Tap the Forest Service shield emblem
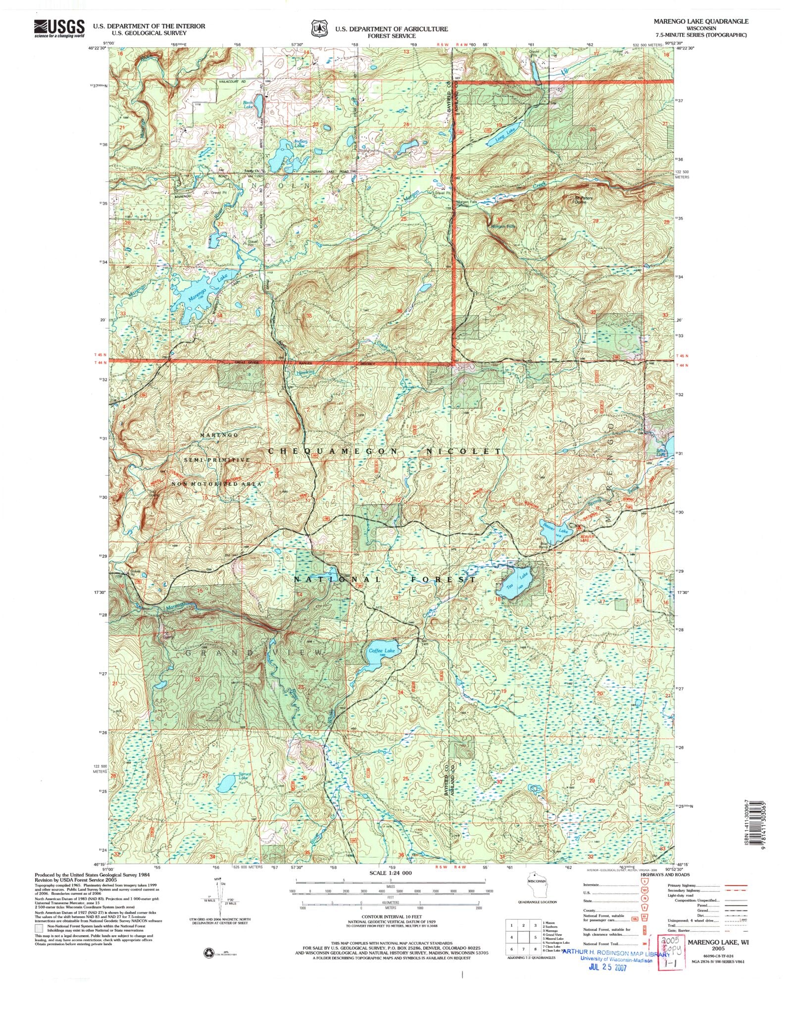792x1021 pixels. [319, 29]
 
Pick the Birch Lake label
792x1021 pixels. [248, 105]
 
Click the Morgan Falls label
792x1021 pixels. [502, 226]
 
